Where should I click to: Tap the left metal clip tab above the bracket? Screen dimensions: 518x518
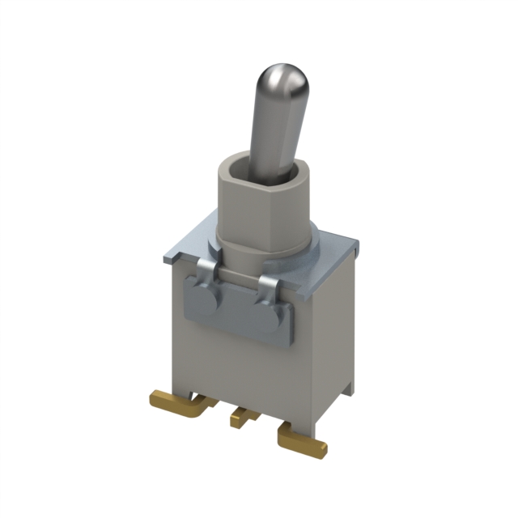[207, 270]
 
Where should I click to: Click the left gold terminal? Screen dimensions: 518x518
[174, 401]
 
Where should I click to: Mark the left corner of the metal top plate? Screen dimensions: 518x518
[165, 257]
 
